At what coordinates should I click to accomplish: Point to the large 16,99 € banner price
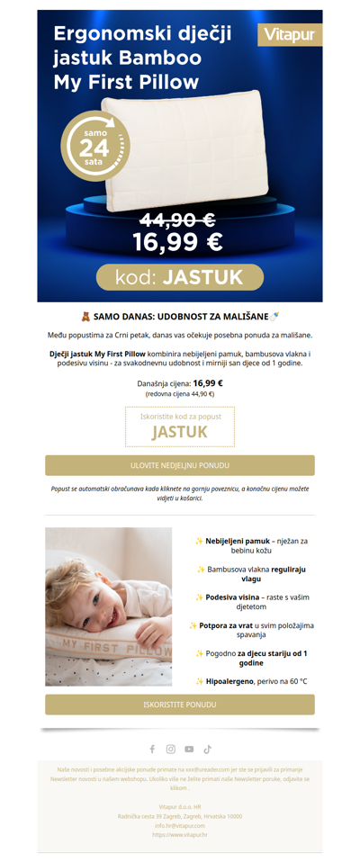pos(177,242)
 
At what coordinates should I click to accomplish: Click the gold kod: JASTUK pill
pos(179,277)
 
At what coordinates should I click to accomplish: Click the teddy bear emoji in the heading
pos(85,317)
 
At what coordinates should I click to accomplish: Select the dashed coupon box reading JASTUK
pos(179,427)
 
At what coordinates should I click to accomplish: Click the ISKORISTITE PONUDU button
pos(179,705)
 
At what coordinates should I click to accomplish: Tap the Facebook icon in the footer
pos(152,749)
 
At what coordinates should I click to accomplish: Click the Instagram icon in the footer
pos(170,749)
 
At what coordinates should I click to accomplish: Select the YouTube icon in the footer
pos(189,749)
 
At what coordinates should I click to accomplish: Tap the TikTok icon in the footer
pos(207,749)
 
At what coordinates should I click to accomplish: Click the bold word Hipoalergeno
pos(232,681)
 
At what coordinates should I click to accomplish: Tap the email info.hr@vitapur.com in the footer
pos(179,825)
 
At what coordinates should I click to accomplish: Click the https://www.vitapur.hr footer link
pos(179,835)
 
